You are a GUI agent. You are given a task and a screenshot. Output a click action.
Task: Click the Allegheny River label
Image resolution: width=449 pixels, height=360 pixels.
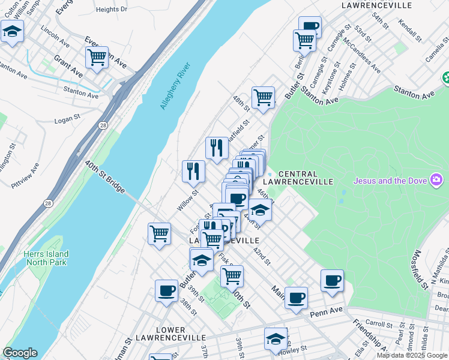click(175, 86)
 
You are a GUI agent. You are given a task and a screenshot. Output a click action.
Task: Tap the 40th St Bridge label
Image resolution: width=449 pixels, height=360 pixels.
click(104, 177)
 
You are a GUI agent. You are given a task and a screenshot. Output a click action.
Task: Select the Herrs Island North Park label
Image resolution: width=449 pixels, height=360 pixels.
click(46, 259)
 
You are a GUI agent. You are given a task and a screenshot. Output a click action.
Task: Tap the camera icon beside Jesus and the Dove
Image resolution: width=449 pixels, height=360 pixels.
click(436, 180)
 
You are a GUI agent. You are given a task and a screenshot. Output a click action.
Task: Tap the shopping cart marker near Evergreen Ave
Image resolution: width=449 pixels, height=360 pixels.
click(97, 58)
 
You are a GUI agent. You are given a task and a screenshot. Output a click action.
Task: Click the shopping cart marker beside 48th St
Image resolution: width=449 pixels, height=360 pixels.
click(263, 97)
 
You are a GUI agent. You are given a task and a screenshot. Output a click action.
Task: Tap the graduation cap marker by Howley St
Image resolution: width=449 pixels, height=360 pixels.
click(276, 338)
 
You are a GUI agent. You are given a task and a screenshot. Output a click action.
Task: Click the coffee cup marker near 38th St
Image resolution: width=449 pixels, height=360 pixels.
click(166, 291)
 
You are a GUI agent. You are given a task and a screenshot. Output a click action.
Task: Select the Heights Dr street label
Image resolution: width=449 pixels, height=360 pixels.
click(112, 9)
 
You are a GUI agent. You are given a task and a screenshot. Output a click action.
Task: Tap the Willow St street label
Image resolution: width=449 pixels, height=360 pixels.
click(187, 201)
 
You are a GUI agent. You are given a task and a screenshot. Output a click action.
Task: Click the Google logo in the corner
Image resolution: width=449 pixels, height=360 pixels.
click(20, 353)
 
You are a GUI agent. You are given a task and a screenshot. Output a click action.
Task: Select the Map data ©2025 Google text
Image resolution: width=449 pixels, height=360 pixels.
click(412, 355)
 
